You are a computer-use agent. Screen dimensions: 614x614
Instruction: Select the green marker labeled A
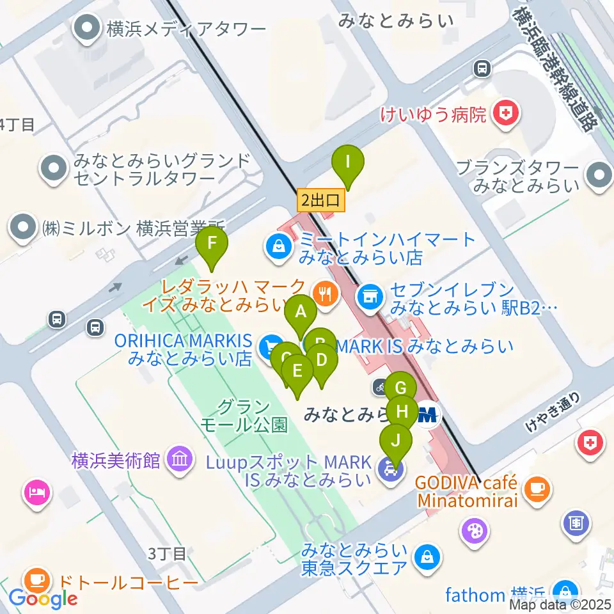(300, 313)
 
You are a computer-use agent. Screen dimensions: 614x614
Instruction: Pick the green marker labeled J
(396, 441)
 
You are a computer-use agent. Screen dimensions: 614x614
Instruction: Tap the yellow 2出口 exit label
(320, 201)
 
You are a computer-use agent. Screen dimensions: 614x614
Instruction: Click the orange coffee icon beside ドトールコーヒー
(38, 580)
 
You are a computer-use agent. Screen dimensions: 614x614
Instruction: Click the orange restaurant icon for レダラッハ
(326, 294)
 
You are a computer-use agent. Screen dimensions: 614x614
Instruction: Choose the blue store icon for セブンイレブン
(369, 295)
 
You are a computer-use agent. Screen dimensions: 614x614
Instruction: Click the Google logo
(43, 599)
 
